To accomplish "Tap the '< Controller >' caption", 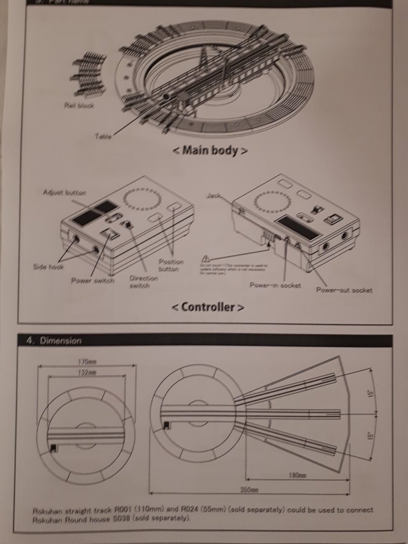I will pos(208,307).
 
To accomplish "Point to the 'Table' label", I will pos(103,135).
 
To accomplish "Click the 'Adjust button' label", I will pos(64,192).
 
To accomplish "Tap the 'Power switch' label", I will pos(93,280).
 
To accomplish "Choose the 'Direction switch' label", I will pos(144,282).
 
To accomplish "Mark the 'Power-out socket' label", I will pos(344,290).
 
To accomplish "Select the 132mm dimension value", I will pos(88,372).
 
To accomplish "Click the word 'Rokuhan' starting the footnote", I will pos(48,510).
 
